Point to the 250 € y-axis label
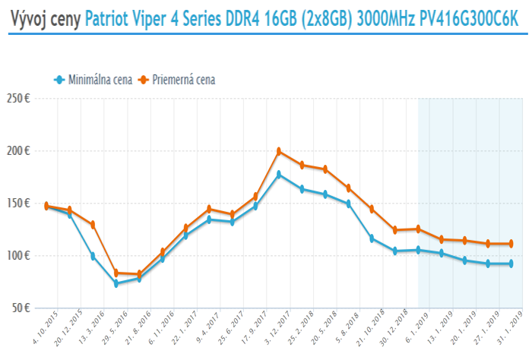pyautogui.click(x=19, y=99)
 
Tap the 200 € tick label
pyautogui.click(x=19, y=151)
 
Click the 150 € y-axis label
pyautogui.click(x=19, y=204)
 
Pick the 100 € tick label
pyautogui.click(x=19, y=256)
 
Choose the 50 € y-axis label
pyautogui.click(x=21, y=308)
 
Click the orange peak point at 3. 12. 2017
pyautogui.click(x=279, y=151)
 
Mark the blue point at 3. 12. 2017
pyautogui.click(x=279, y=174)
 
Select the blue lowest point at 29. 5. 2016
pyautogui.click(x=116, y=284)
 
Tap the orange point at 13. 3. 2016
pyautogui.click(x=93, y=225)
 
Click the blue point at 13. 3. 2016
pyautogui.click(x=93, y=257)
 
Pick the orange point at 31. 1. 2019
pyautogui.click(x=511, y=244)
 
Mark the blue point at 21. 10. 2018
pyautogui.click(x=372, y=238)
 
